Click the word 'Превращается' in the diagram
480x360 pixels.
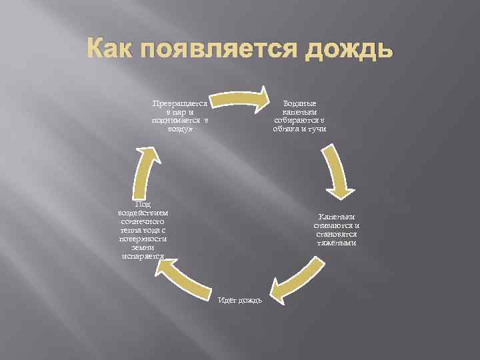[179, 104]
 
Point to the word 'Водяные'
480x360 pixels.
[300, 104]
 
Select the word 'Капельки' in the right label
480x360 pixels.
[337, 217]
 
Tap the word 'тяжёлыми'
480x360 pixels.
[337, 243]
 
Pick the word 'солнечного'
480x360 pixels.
[143, 221]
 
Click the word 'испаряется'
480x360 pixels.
[143, 255]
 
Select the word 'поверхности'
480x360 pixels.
[143, 238]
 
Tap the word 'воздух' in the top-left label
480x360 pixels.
[179, 128]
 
